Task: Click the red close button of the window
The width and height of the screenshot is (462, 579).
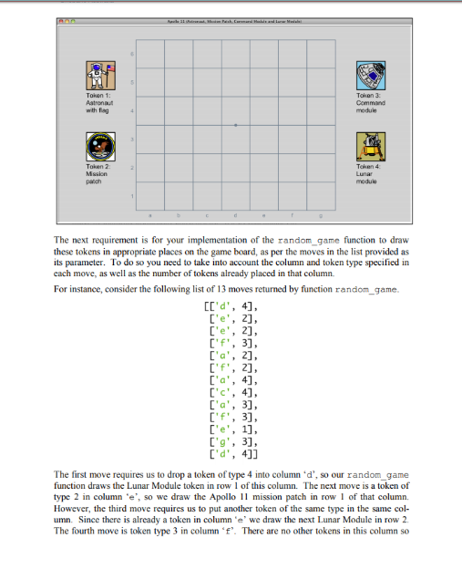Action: (x=59, y=21)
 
